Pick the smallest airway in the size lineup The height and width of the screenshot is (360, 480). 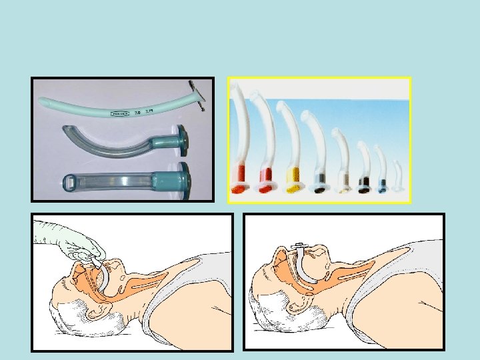398,179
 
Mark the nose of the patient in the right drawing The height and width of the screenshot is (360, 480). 319,252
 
